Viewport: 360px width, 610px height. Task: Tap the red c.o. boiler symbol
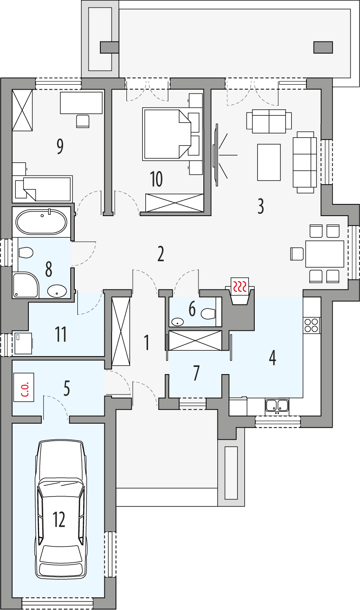point(24,387)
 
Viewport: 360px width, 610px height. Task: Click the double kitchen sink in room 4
point(277,406)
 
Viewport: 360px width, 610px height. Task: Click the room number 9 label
point(60,146)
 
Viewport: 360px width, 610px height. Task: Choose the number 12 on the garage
point(59,519)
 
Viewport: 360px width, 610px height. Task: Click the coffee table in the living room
point(269,162)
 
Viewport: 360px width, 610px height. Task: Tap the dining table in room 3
point(324,254)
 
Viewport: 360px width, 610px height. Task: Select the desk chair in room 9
point(83,121)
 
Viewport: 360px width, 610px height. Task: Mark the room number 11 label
point(61,334)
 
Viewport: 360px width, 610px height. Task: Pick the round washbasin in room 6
point(178,322)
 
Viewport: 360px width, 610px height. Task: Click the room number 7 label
point(196,373)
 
